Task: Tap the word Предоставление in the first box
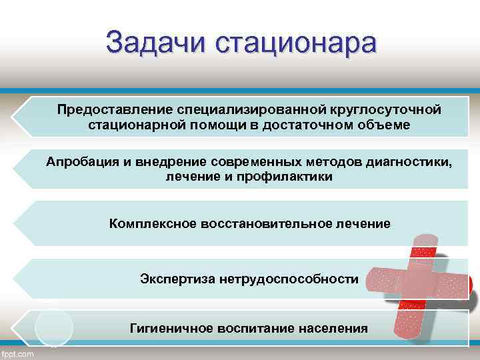click(115, 109)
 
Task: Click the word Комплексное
click(153, 223)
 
